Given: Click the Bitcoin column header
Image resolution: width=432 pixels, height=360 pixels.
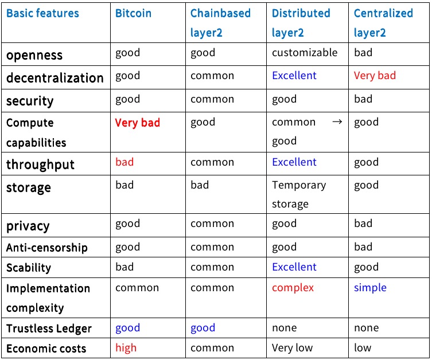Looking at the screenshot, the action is (x=133, y=13).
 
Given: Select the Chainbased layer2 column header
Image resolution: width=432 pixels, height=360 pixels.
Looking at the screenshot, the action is (x=220, y=23).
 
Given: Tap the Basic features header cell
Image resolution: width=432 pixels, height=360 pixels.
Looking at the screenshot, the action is (x=42, y=13).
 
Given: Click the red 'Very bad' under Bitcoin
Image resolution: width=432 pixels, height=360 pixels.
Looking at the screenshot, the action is (x=138, y=123).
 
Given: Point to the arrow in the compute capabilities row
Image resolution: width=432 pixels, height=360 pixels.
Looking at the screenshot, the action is (x=337, y=122).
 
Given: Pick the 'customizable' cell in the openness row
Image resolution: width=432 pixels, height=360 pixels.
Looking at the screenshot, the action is (x=305, y=53).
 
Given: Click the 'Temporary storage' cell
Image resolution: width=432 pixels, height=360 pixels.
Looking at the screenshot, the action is (x=299, y=194).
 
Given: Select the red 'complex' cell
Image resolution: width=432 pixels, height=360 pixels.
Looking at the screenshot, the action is (x=293, y=288).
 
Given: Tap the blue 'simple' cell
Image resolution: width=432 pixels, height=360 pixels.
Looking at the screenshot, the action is (x=370, y=288).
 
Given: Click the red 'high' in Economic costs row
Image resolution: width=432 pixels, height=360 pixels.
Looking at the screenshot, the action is (x=126, y=348).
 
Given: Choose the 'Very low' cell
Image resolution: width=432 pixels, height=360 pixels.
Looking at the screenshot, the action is (x=293, y=348).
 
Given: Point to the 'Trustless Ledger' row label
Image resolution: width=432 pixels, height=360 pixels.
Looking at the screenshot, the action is (x=49, y=328).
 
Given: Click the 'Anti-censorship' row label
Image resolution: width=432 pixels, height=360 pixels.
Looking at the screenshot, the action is (x=47, y=248).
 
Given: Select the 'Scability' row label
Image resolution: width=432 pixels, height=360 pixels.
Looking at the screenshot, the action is (x=29, y=268).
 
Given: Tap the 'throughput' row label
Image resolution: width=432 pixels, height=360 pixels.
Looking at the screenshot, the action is (x=41, y=165).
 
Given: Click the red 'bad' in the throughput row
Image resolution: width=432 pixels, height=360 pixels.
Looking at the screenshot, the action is (x=124, y=162).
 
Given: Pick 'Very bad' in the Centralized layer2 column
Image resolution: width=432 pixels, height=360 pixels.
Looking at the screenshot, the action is (x=375, y=76).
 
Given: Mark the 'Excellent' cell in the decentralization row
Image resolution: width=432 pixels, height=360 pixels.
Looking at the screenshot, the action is (x=294, y=76).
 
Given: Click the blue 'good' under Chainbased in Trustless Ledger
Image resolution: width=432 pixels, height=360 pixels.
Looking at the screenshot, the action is (x=203, y=328).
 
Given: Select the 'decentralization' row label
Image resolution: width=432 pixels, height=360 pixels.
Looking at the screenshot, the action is (x=55, y=78).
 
